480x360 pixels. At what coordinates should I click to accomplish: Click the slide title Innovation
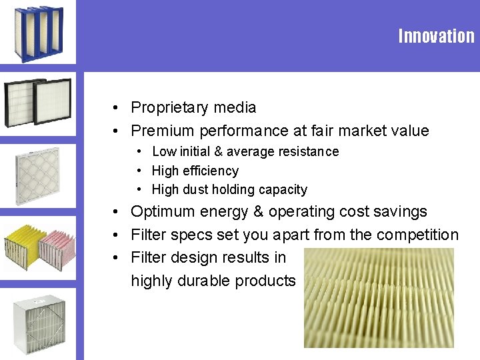point(436,36)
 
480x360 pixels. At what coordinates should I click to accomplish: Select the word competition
point(417,235)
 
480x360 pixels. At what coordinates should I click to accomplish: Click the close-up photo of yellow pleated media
point(378,297)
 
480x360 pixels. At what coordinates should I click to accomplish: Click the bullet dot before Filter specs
point(115,235)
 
